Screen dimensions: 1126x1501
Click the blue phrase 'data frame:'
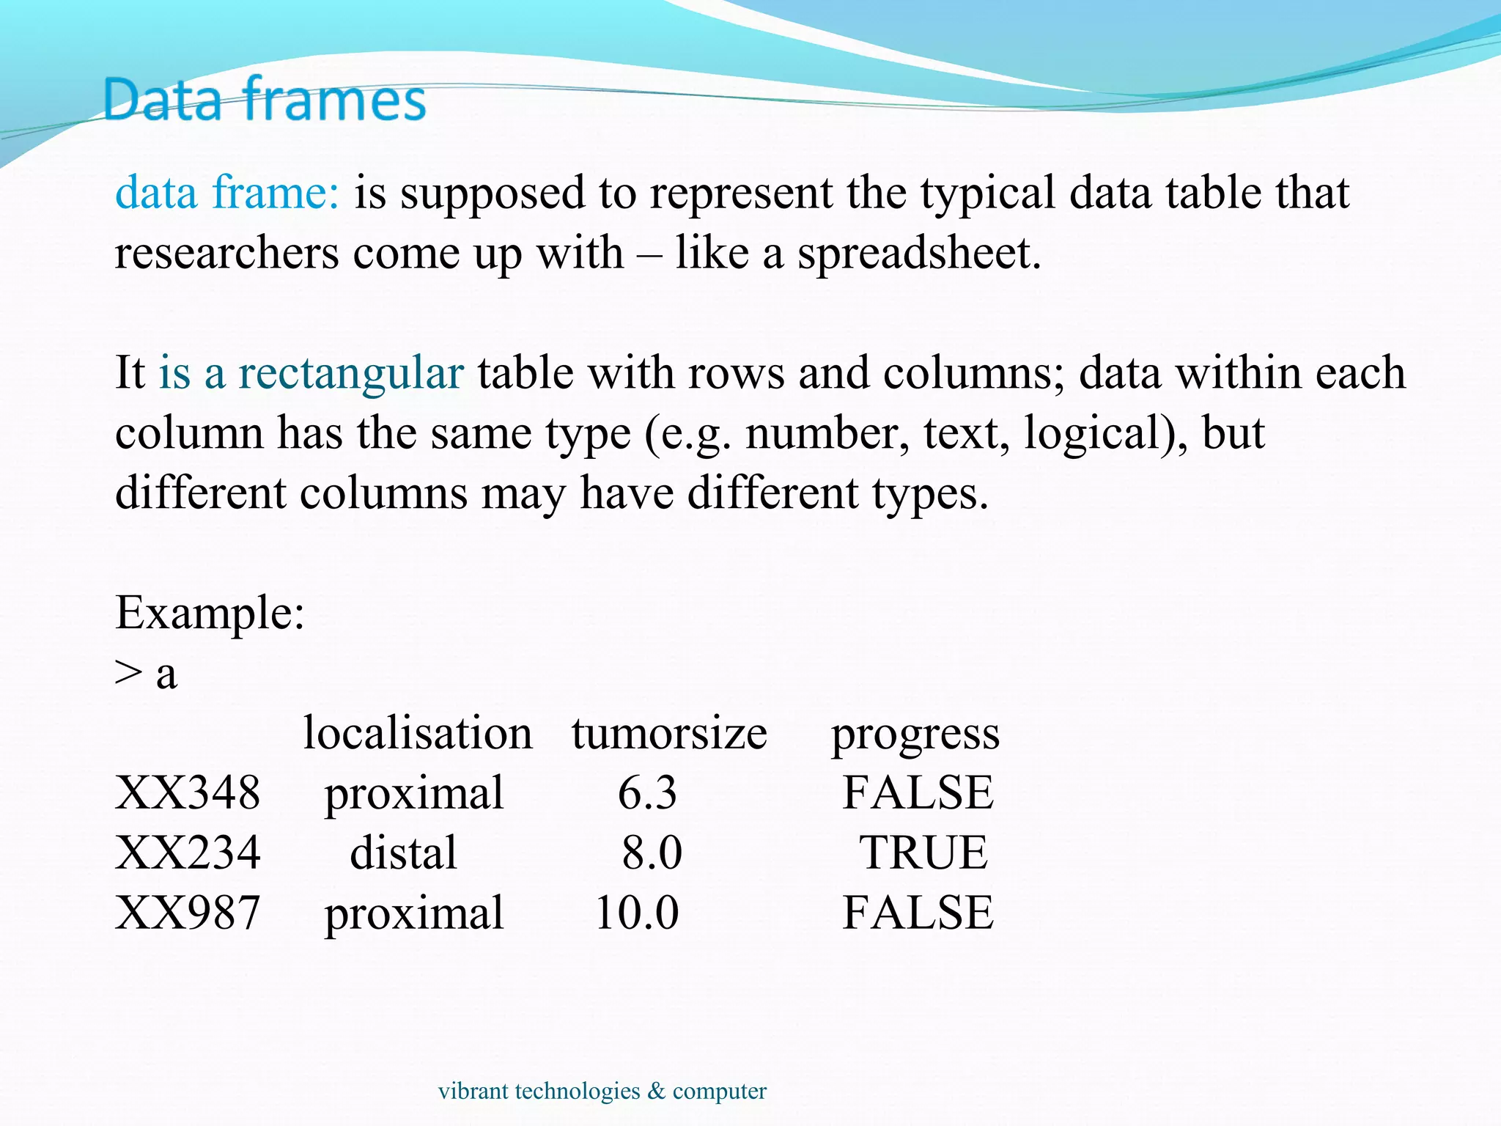point(227,193)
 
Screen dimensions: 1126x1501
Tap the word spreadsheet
point(918,254)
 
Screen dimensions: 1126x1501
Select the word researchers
point(226,254)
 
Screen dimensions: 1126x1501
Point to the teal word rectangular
point(350,373)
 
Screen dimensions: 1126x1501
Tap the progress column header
point(915,734)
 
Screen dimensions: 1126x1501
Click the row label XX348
point(188,792)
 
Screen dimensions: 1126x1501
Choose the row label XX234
point(188,853)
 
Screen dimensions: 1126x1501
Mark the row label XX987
point(188,913)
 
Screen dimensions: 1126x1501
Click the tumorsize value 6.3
point(647,792)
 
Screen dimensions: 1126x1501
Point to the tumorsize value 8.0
point(652,853)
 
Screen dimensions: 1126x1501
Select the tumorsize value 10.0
point(637,913)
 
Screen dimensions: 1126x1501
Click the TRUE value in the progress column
point(923,853)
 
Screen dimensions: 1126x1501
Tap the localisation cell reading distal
point(403,853)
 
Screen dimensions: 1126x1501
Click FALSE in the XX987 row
point(918,913)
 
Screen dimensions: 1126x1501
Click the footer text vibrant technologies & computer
point(602,1091)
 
